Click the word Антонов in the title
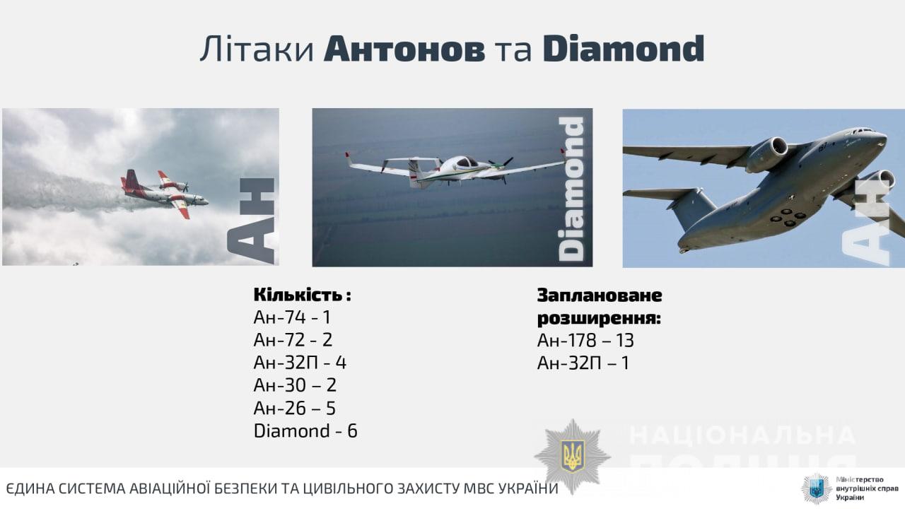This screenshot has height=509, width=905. pyautogui.click(x=404, y=49)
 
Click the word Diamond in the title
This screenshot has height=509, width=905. pyautogui.click(x=624, y=49)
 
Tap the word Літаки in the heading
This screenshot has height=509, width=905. pyautogui.click(x=257, y=49)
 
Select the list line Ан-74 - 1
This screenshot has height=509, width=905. pyautogui.click(x=292, y=317)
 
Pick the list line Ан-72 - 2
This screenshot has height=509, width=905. pyautogui.click(x=293, y=340)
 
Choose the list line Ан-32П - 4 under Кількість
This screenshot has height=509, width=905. pyautogui.click(x=300, y=363)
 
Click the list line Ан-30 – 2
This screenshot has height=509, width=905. pyautogui.click(x=295, y=385)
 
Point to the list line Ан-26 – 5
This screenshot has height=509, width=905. pyautogui.click(x=295, y=408)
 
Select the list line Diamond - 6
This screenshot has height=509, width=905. pyautogui.click(x=305, y=431)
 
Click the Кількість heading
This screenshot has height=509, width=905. pyautogui.click(x=302, y=295)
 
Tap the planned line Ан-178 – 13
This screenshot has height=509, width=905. pyautogui.click(x=585, y=340)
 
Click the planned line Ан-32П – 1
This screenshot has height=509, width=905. pyautogui.click(x=583, y=363)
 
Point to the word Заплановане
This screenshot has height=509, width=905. pyautogui.click(x=600, y=296)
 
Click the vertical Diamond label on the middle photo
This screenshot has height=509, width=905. pyautogui.click(x=571, y=189)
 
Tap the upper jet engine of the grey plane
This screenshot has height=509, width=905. pyautogui.click(x=766, y=154)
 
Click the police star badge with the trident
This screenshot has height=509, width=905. pyautogui.click(x=573, y=457)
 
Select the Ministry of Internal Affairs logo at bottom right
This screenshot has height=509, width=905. pyautogui.click(x=849, y=488)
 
